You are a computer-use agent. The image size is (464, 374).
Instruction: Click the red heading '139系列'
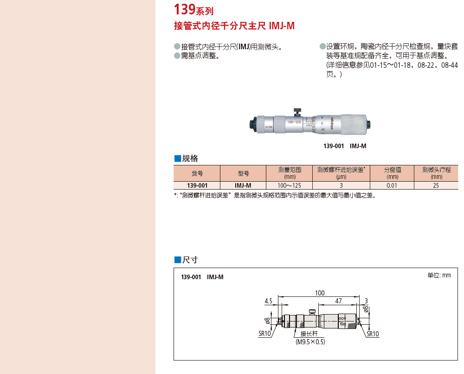coord(193,9)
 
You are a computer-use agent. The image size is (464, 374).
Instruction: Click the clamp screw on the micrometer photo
coord(297,112)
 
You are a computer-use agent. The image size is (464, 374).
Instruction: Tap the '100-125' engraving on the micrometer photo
coord(294,122)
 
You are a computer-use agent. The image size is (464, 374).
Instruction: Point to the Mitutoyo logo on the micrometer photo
coord(332,124)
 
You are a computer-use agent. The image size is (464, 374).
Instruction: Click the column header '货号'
coord(197,173)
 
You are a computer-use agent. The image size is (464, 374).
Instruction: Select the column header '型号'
coord(243,173)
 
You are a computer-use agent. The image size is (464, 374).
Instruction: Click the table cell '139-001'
coord(197,185)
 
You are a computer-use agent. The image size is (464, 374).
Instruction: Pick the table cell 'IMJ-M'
coord(243,185)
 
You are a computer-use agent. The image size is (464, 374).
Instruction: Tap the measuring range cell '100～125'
coord(289,185)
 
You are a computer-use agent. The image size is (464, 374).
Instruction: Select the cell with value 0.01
coord(392,185)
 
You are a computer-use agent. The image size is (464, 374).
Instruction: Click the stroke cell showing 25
coord(436,185)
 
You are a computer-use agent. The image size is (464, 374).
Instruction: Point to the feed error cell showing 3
coord(341,185)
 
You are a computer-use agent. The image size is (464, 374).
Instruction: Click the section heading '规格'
coord(186,158)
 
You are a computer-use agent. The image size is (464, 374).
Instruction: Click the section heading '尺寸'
coord(186,260)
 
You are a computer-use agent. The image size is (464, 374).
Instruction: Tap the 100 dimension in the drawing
coord(320,293)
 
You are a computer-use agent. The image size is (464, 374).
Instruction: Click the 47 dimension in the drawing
coord(339,301)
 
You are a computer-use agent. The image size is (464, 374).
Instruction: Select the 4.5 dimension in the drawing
coord(268,301)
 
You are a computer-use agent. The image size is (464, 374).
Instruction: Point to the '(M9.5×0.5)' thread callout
coord(310,341)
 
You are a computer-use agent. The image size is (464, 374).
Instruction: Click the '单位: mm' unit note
coord(439,276)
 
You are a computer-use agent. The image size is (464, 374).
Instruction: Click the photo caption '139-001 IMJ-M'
coord(345,146)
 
